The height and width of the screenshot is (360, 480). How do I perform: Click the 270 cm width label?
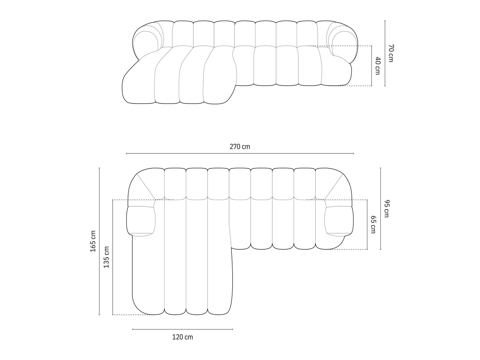[x=240, y=146]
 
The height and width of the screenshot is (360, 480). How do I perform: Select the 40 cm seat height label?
[x=377, y=66]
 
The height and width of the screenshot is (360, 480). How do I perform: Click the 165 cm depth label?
[x=93, y=241]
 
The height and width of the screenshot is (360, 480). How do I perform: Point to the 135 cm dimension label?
[x=106, y=257]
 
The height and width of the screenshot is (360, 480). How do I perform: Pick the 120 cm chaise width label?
[x=182, y=337]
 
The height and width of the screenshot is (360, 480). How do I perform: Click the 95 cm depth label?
[x=386, y=208]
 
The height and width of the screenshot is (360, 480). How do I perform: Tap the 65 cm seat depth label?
[x=373, y=225]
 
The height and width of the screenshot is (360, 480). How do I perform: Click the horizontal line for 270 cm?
[x=240, y=153]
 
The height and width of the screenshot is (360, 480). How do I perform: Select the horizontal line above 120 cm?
[x=182, y=329]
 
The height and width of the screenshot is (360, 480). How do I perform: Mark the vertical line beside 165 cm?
[x=99, y=241]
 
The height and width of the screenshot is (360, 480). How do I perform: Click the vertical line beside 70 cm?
[x=385, y=53]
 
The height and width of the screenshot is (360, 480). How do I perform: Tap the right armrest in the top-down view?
[x=339, y=221]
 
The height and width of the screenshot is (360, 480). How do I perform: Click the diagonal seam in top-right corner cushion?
[x=334, y=187]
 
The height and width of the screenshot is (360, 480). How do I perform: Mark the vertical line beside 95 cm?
[x=380, y=208]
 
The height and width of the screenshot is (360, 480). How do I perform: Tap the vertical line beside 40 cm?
[x=371, y=66]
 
